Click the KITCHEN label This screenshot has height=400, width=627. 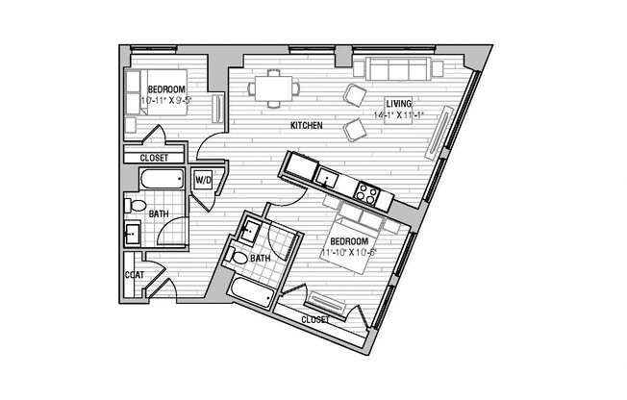coord(306,126)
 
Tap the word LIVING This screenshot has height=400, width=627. coord(399,104)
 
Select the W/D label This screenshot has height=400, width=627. coord(203,180)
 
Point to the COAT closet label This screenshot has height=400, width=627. coord(134,274)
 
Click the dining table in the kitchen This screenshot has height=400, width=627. coord(274,87)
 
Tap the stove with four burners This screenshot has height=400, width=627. coord(366,191)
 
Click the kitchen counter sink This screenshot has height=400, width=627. coord(328,178)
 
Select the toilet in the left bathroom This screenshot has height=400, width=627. coord(136,206)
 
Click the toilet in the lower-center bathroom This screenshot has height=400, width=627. coord(239,258)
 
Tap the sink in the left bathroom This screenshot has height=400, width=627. coord(133,233)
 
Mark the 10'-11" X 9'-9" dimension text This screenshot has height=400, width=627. coord(165,98)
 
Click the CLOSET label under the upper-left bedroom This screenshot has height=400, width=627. coord(154,158)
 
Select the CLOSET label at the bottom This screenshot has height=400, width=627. coord(314,319)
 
